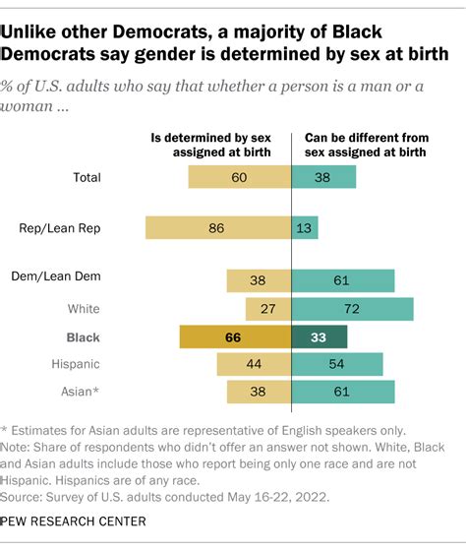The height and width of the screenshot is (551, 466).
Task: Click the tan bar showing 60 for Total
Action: pyautogui.click(x=240, y=177)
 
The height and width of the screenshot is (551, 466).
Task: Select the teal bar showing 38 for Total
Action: pyautogui.click(x=323, y=177)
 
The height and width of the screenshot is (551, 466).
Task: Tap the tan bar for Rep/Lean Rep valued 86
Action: pyautogui.click(x=218, y=228)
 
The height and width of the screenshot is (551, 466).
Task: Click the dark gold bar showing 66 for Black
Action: pyautogui.click(x=235, y=337)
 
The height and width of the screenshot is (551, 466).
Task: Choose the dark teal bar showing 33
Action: pyautogui.click(x=320, y=337)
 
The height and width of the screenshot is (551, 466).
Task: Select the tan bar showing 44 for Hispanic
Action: pyautogui.click(x=254, y=364)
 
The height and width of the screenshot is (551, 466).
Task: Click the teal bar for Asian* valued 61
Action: pyautogui.click(x=343, y=393)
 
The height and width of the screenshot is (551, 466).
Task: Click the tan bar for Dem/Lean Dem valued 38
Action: pyautogui.click(x=259, y=280)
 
